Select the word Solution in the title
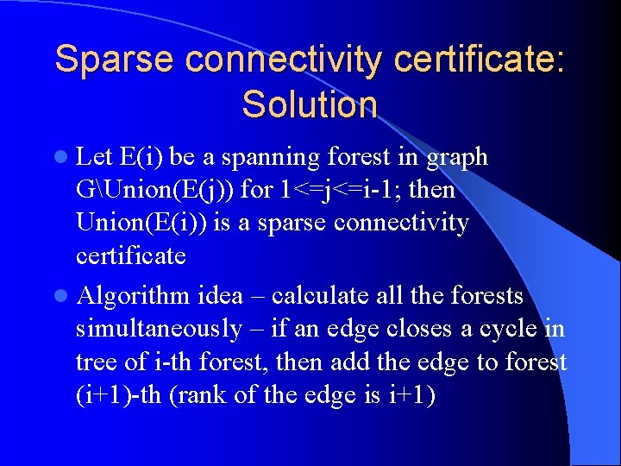[x=310, y=104]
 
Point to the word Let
[x=95, y=157]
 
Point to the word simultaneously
[x=159, y=329]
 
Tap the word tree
[x=93, y=362]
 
